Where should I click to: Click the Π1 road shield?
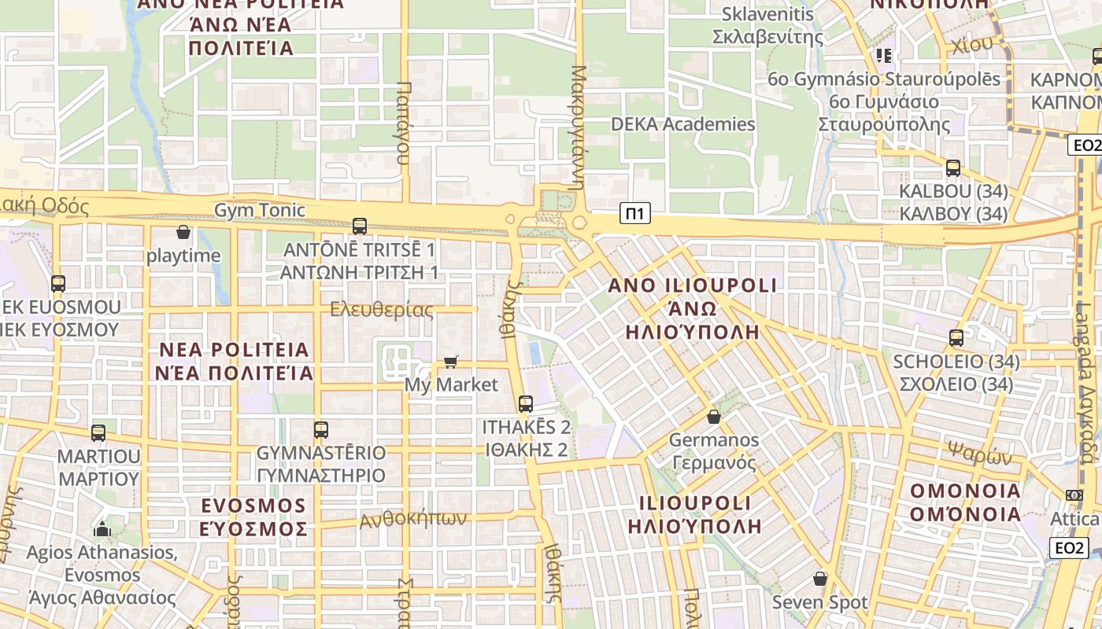pyautogui.click(x=635, y=213)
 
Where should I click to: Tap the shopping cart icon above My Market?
pyautogui.click(x=450, y=362)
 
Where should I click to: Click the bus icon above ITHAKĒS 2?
pyautogui.click(x=525, y=404)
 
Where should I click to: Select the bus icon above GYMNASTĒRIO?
pyautogui.click(x=320, y=430)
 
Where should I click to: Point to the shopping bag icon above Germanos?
pyautogui.click(x=714, y=417)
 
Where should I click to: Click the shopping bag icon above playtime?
pyautogui.click(x=183, y=233)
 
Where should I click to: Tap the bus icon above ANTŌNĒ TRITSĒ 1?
pyautogui.click(x=360, y=226)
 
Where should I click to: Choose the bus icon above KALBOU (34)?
pyautogui.click(x=953, y=168)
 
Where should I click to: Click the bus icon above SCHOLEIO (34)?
pyautogui.click(x=956, y=338)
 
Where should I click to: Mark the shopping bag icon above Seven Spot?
pyautogui.click(x=820, y=579)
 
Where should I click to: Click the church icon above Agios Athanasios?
pyautogui.click(x=102, y=529)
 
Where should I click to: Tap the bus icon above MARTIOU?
pyautogui.click(x=98, y=432)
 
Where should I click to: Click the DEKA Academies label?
pyautogui.click(x=683, y=124)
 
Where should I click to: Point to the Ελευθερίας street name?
pyautogui.click(x=382, y=310)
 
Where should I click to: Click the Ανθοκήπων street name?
pyautogui.click(x=413, y=519)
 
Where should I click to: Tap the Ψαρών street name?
pyautogui.click(x=979, y=454)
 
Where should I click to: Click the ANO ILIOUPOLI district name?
pyautogui.click(x=693, y=285)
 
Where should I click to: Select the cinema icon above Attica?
pyautogui.click(x=1074, y=495)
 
